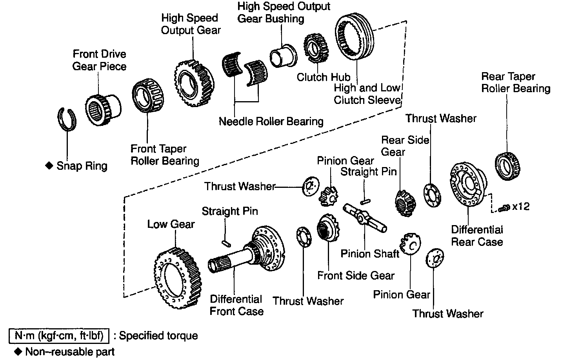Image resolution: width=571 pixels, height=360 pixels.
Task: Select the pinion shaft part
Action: tap(365, 217)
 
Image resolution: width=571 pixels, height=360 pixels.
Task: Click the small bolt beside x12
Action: tap(505, 208)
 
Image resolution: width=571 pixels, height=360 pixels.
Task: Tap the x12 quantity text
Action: tap(521, 206)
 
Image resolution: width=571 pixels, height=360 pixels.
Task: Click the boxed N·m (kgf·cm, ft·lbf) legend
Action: tap(58, 336)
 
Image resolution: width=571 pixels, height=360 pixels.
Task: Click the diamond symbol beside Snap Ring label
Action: tap(49, 166)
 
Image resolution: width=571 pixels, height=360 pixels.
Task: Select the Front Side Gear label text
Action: tap(356, 276)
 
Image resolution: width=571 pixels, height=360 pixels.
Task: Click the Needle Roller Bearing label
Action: tap(271, 121)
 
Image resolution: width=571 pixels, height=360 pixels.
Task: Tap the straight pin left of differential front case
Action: tap(225, 243)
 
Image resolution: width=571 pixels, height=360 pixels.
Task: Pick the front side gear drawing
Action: tap(328, 232)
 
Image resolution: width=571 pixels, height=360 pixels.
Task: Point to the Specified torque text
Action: tap(158, 336)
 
